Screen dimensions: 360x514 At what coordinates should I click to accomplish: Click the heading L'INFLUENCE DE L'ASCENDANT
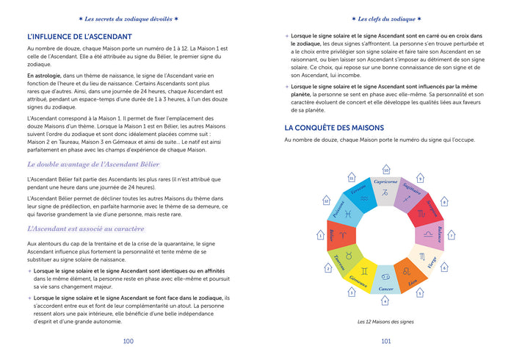tap(79, 36)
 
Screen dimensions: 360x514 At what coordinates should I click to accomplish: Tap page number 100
tap(128, 341)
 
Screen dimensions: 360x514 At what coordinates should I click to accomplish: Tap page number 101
tap(385, 341)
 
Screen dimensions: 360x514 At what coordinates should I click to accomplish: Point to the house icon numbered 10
tap(385, 170)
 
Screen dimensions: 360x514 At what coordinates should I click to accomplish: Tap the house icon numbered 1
tap(320, 235)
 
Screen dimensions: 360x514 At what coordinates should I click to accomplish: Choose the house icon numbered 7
tap(452, 235)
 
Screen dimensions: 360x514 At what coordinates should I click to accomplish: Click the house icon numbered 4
tap(385, 300)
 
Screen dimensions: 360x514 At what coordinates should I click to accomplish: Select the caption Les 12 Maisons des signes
tap(385, 321)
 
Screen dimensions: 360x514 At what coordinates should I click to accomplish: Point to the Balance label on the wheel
tap(438, 235)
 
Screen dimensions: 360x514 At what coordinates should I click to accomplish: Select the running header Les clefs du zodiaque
tap(385, 18)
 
